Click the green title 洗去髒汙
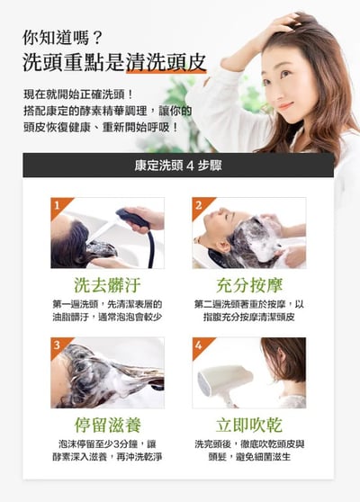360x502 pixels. coord(107,286)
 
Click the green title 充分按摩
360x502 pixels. coord(248,286)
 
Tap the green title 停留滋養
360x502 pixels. coord(107,425)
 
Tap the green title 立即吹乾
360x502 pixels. coord(248,425)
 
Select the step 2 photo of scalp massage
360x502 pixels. coord(248,234)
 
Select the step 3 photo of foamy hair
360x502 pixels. coord(107,372)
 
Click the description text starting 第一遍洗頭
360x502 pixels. coord(107,310)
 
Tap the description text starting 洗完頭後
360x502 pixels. coord(248,450)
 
